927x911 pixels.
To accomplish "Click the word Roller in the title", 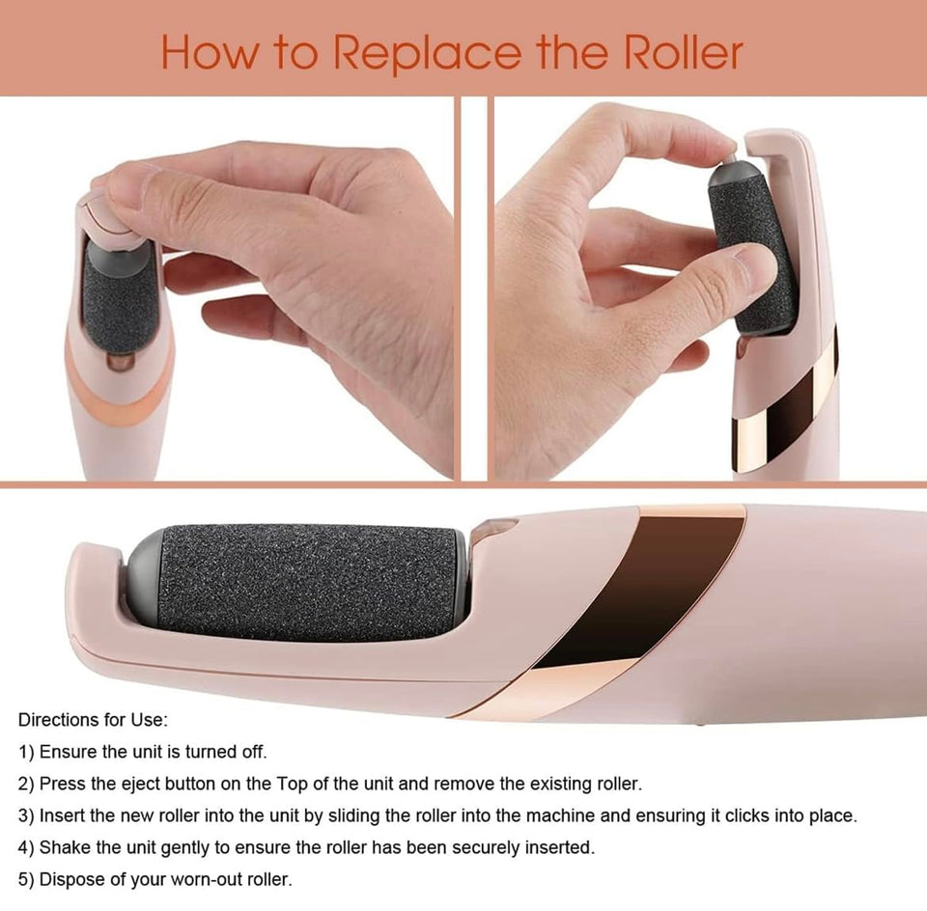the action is point(683,52).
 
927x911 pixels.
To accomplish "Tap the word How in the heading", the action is point(210,53).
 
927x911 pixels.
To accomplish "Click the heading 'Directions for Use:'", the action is point(94,720).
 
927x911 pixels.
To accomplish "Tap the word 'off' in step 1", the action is point(255,752).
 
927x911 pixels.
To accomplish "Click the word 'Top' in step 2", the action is point(291,784).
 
